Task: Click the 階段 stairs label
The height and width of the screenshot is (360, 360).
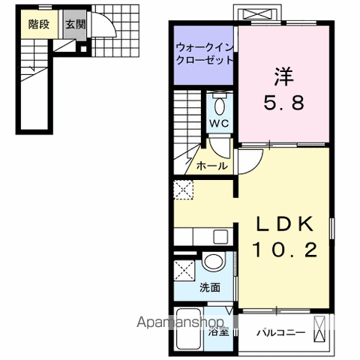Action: click(38, 24)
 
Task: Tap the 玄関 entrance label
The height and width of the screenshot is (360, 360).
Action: click(74, 24)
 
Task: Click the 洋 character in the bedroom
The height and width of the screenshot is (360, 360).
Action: click(284, 77)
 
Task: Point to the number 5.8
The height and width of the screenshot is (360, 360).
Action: click(284, 103)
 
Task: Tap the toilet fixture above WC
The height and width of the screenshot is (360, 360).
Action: click(219, 101)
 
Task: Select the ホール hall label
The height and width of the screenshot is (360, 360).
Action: click(211, 166)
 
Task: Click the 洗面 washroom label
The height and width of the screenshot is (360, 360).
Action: click(211, 287)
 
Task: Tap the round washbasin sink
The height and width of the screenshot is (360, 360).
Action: click(214, 262)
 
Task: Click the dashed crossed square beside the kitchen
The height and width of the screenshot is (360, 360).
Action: click(183, 190)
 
